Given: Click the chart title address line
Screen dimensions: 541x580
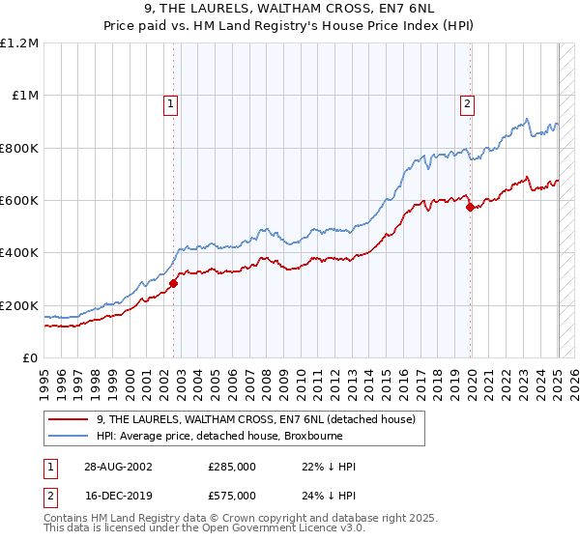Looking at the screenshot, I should tap(290, 10).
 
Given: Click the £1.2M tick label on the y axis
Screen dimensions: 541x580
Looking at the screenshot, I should tap(19, 43).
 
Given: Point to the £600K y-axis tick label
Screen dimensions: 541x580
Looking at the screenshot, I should tap(18, 201).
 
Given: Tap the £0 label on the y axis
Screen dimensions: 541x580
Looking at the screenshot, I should tap(30, 357).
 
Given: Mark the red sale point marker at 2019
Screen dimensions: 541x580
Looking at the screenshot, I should tap(470, 207).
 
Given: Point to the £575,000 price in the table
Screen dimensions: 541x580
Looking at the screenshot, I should tap(231, 496).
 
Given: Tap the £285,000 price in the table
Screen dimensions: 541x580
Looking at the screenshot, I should tap(231, 467).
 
